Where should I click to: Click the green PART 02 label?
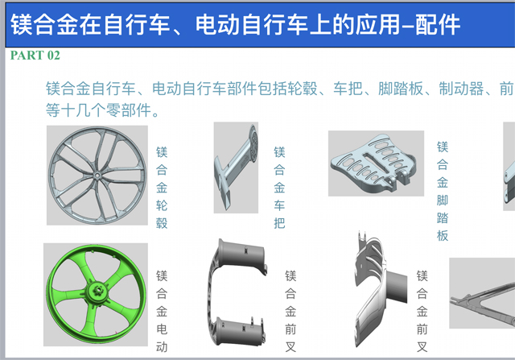coord(35,56)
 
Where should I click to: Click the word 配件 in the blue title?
coord(438,25)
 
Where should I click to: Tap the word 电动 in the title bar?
coord(218,25)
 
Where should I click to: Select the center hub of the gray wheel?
coord(97,176)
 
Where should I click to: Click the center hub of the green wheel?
coord(98,292)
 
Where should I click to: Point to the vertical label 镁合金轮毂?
coord(162,188)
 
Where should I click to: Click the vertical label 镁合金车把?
coord(279,188)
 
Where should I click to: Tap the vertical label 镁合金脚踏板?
coord(443,192)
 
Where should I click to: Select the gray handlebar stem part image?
coord(236,168)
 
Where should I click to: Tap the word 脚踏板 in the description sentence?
coord(401,89)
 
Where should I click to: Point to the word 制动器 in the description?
coord(461,89)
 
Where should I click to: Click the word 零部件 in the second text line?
coord(129,110)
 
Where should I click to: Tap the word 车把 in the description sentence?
coord(348,89)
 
